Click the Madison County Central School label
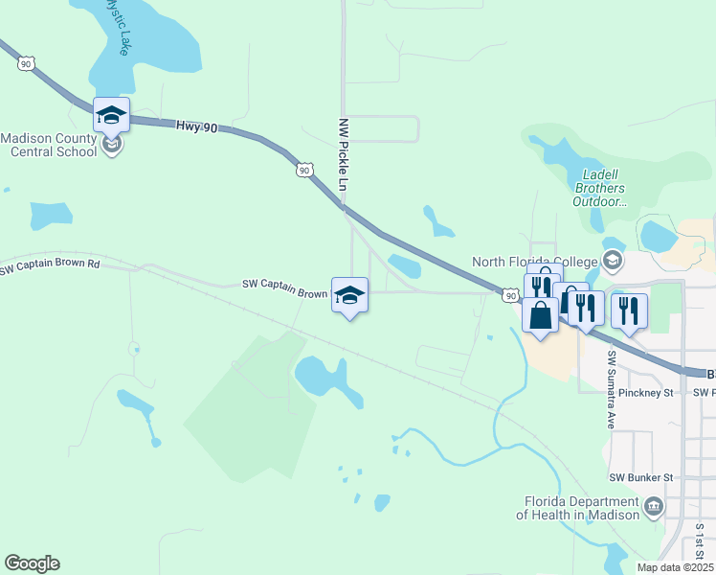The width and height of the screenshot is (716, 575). pyautogui.click(x=49, y=144)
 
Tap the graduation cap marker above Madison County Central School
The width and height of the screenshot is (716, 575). pyautogui.click(x=111, y=115)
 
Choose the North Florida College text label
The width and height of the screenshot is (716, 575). pyautogui.click(x=534, y=262)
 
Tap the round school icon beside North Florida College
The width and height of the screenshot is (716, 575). pyautogui.click(x=611, y=261)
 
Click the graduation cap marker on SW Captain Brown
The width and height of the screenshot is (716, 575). pyautogui.click(x=349, y=295)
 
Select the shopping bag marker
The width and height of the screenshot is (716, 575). pyautogui.click(x=540, y=314)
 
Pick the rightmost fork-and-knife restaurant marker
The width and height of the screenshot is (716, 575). pyautogui.click(x=629, y=310)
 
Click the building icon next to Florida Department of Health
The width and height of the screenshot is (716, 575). pyautogui.click(x=654, y=506)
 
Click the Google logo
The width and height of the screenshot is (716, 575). pyautogui.click(x=32, y=563)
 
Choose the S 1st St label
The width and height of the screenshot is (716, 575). pyautogui.click(x=700, y=542)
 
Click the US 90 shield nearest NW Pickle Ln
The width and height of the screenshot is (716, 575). pyautogui.click(x=303, y=170)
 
